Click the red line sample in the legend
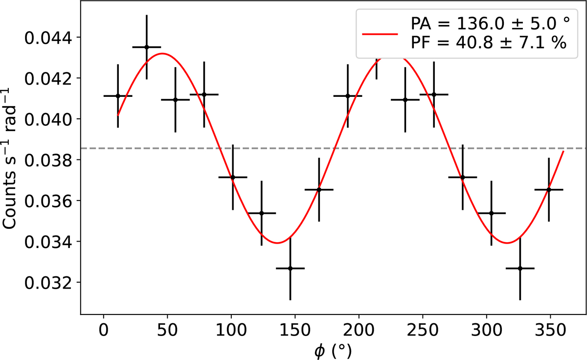point(379,34)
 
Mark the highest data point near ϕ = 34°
point(147,47)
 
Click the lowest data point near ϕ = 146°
point(291,268)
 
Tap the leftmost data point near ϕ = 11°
point(118,96)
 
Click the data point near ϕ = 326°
point(520,268)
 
